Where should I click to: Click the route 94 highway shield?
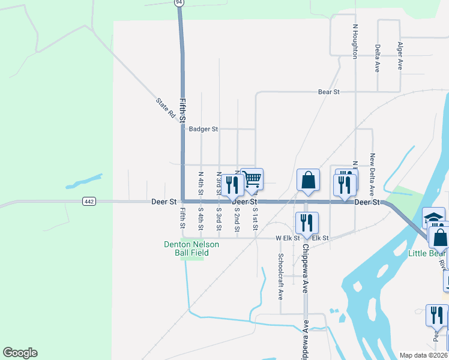pos(179,2)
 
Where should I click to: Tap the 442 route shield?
pos(89,202)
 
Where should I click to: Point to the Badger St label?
pos(203,129)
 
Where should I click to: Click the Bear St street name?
pos(329,92)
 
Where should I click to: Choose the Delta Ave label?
pos(378,58)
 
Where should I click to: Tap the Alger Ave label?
pos(400,56)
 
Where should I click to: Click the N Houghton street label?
pos(355,41)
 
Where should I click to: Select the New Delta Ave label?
pos(372,174)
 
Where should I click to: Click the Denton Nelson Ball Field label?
pos(192,248)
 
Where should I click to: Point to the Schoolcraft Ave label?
pos(280,276)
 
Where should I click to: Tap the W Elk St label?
pos(288,238)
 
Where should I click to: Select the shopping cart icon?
pos(252,179)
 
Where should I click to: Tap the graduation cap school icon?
pos(433,218)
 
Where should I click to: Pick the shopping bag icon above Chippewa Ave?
pos(308,180)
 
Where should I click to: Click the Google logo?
pos(20,353)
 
